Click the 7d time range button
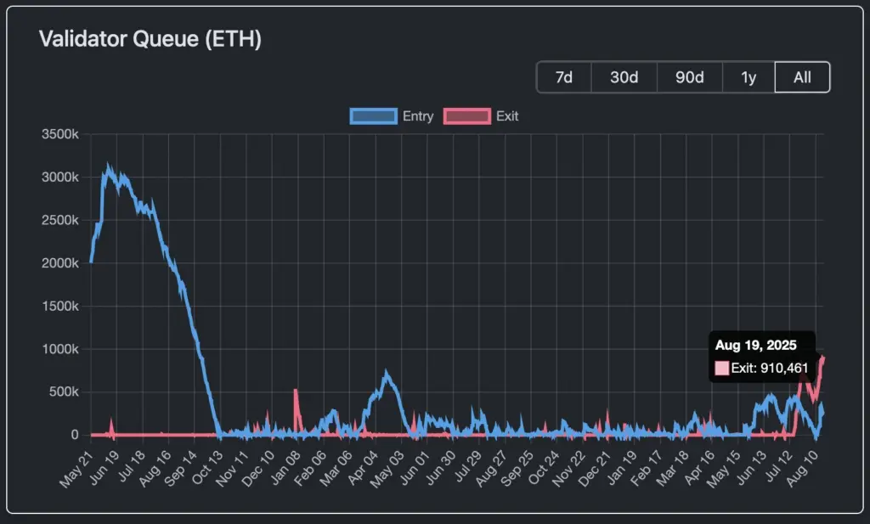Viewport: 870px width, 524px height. [x=563, y=77]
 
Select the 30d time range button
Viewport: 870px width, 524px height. [x=624, y=77]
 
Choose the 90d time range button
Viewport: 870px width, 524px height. [x=689, y=77]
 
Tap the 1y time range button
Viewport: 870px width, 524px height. [x=749, y=77]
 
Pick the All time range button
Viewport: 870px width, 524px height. [x=802, y=77]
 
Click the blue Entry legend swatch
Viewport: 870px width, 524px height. [x=373, y=116]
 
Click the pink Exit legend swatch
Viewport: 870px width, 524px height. [x=467, y=116]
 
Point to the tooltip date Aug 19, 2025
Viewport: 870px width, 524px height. [x=755, y=345]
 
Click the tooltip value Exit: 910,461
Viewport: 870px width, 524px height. [x=770, y=368]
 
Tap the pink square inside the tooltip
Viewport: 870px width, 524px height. [x=722, y=368]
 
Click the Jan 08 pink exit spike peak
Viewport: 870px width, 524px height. [x=296, y=391]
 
